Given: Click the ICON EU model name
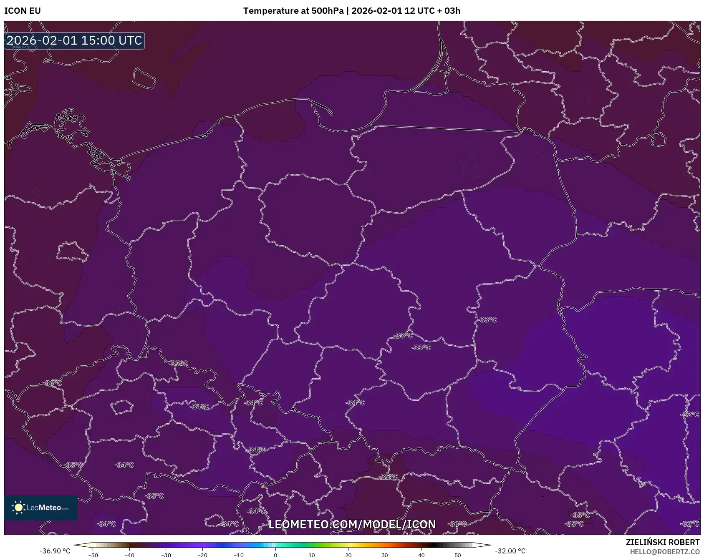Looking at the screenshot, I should [x=23, y=11].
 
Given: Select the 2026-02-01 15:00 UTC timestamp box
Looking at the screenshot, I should [x=74, y=40].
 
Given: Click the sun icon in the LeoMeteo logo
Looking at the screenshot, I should [x=18, y=508].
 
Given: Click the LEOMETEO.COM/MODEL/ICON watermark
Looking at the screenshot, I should [x=352, y=524].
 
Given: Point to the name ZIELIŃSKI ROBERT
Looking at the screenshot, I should [x=662, y=542].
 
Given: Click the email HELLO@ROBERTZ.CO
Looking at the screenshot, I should [x=664, y=552].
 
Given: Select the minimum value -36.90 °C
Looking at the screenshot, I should [x=55, y=551].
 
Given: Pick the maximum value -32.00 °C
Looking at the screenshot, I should [x=510, y=551].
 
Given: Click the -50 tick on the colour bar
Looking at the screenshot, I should [x=93, y=555].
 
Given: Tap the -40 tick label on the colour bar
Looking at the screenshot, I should [x=129, y=555].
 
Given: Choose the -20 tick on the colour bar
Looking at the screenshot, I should [x=202, y=555].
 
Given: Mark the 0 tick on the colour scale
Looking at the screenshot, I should [x=275, y=555].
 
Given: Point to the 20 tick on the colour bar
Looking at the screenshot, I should [x=348, y=555].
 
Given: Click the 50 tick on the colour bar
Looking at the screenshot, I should [x=458, y=555].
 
